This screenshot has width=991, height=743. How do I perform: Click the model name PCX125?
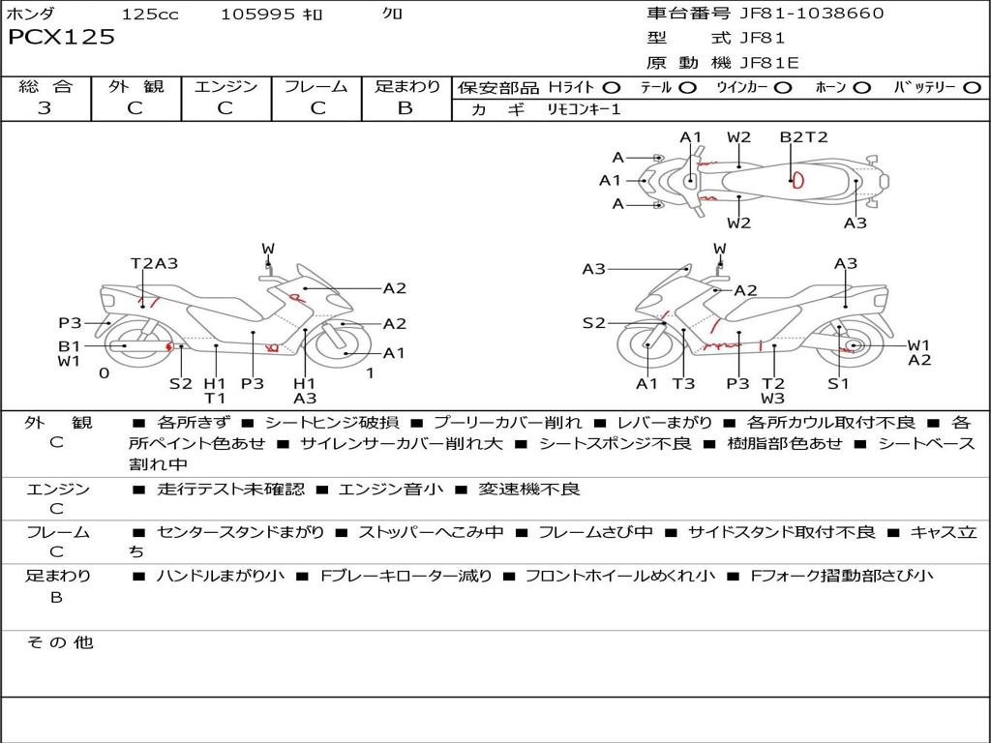pyautogui.click(x=61, y=37)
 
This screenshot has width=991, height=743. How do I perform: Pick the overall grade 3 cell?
pyautogui.click(x=45, y=107)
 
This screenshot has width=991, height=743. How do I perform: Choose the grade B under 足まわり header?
pyautogui.click(x=405, y=107)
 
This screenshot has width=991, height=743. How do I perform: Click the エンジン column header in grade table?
pyautogui.click(x=225, y=86)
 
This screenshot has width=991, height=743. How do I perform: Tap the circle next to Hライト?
pyautogui.click(x=612, y=87)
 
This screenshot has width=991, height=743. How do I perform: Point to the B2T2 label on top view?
pyautogui.click(x=803, y=136)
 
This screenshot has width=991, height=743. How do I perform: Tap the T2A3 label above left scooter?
pyautogui.click(x=154, y=263)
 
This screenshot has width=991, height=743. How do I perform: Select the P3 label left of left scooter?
pyautogui.click(x=70, y=323)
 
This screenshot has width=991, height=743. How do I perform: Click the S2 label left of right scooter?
pyautogui.click(x=593, y=323)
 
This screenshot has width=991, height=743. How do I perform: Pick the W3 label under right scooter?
pyautogui.click(x=772, y=398)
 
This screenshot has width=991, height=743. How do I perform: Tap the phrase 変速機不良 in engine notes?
pyautogui.click(x=529, y=489)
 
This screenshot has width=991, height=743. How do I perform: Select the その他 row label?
pyautogui.click(x=59, y=641)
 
